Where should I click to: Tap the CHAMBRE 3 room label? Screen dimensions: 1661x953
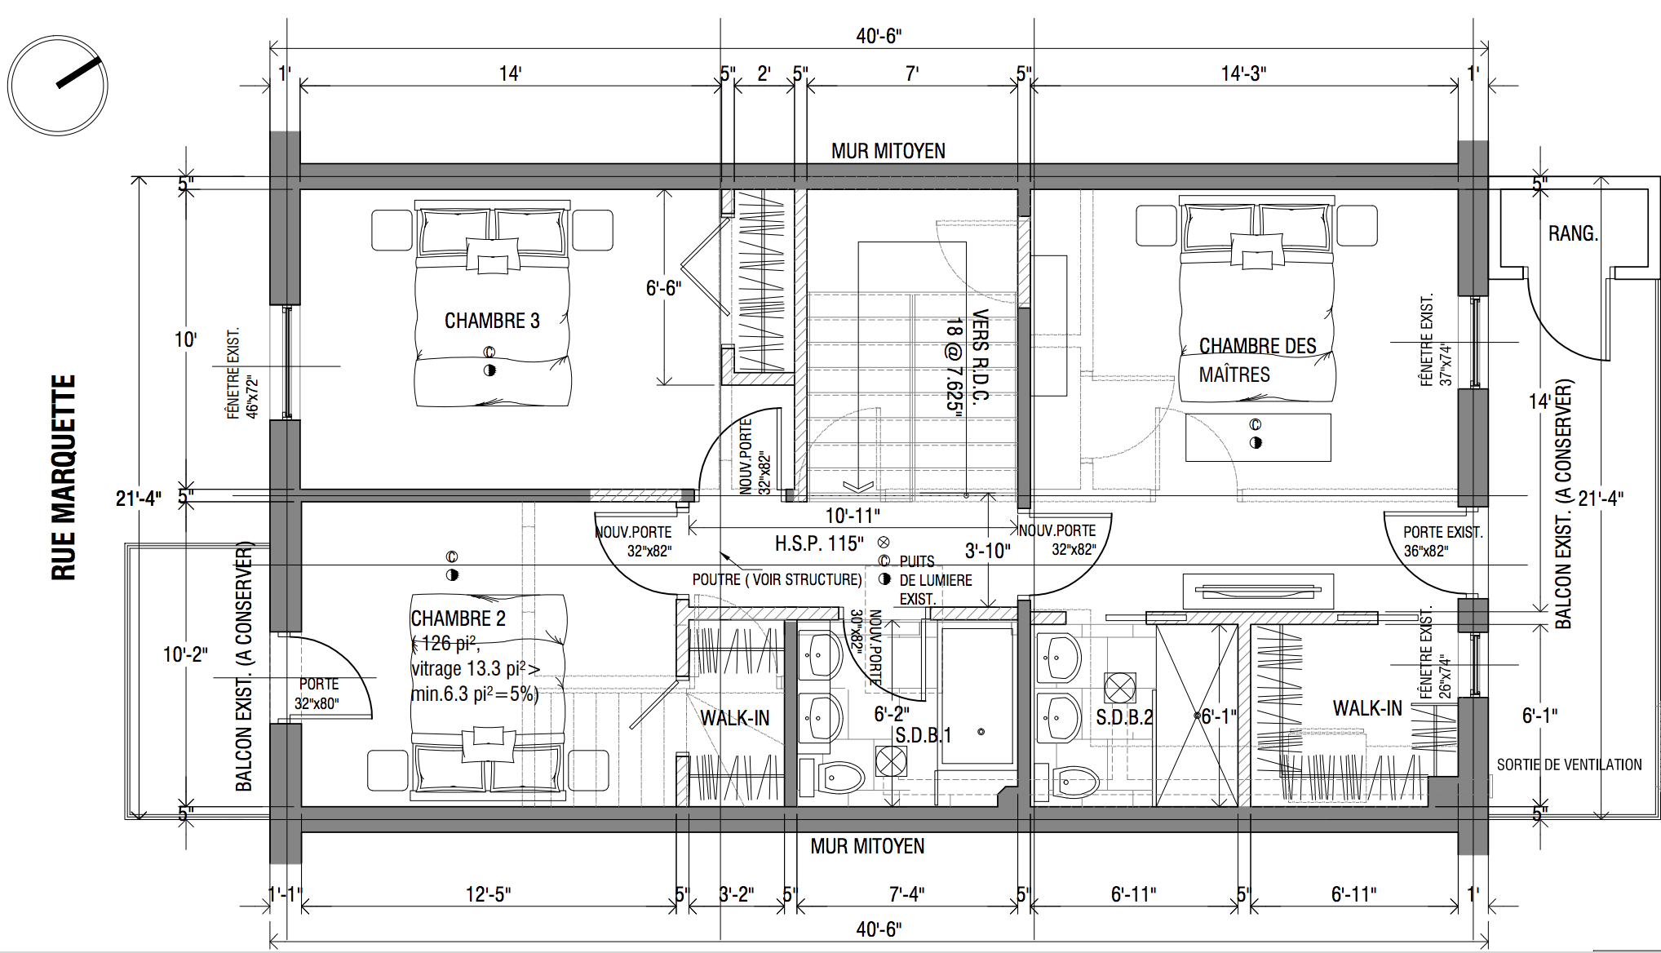pyautogui.click(x=492, y=321)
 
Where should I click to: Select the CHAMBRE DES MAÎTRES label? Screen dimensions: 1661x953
pyautogui.click(x=1257, y=360)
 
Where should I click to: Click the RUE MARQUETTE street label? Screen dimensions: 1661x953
pyautogui.click(x=64, y=477)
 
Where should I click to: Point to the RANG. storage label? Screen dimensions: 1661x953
pyautogui.click(x=1573, y=233)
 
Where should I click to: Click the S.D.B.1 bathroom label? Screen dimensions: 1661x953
pyautogui.click(x=924, y=735)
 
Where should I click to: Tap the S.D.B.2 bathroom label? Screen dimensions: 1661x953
pyautogui.click(x=1124, y=717)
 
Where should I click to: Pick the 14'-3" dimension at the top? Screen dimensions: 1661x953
pyautogui.click(x=1243, y=73)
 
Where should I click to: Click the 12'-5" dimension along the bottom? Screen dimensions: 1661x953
pyautogui.click(x=488, y=894)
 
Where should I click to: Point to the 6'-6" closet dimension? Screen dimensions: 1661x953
pyautogui.click(x=663, y=288)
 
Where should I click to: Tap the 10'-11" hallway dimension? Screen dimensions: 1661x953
pyautogui.click(x=853, y=516)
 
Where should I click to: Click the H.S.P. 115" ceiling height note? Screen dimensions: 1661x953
pyautogui.click(x=819, y=543)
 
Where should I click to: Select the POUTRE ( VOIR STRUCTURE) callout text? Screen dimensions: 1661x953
pyautogui.click(x=777, y=579)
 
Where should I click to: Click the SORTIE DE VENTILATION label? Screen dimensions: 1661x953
pyautogui.click(x=1569, y=765)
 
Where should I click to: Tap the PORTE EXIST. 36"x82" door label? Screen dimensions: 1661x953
pyautogui.click(x=1442, y=541)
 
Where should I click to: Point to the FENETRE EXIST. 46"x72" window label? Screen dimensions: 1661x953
pyautogui.click(x=242, y=375)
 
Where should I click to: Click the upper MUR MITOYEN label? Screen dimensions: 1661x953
pyautogui.click(x=888, y=151)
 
